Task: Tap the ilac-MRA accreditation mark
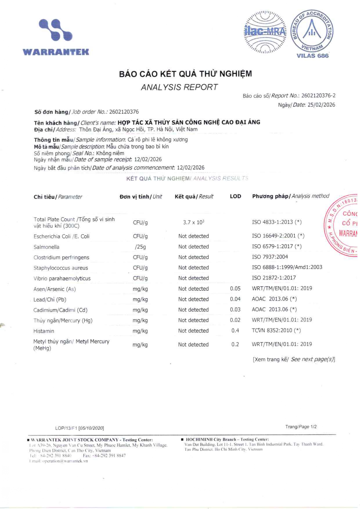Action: click(x=265, y=32)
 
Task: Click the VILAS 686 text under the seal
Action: click(x=312, y=56)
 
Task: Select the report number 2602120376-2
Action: click(x=318, y=96)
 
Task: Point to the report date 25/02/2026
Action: click(x=321, y=105)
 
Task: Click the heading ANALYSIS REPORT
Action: click(x=179, y=87)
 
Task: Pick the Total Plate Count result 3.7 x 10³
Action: click(x=194, y=222)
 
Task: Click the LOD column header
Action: click(x=235, y=196)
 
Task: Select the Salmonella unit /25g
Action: click(x=140, y=247)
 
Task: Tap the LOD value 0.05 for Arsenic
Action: click(x=235, y=289)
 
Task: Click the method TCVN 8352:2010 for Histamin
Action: click(x=276, y=330)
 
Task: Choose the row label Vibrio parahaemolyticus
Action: click(x=62, y=278)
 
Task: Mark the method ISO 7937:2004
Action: click(x=270, y=257)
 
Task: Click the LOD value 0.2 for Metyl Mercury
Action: click(x=235, y=345)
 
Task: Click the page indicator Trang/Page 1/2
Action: click(x=301, y=427)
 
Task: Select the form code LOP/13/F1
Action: click(x=66, y=428)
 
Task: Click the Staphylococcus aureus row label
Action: click(x=61, y=268)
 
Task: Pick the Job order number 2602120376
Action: click(x=124, y=112)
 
